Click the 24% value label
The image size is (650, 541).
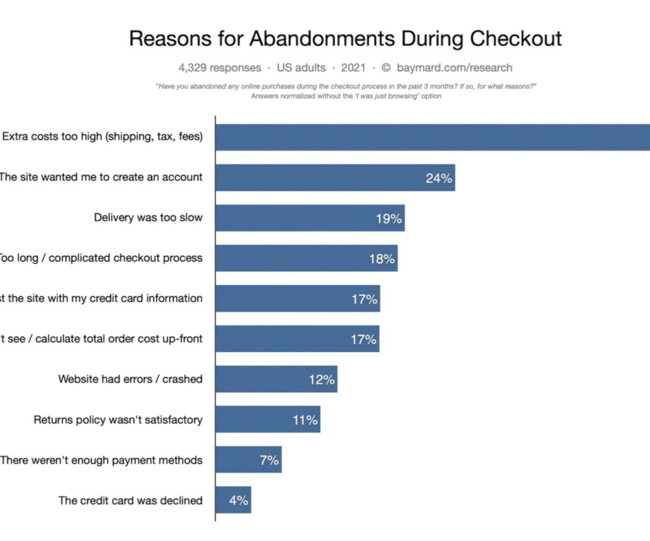click(439, 178)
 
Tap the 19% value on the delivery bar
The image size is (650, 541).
click(389, 219)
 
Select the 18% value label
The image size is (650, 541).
click(382, 259)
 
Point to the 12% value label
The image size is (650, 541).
click(322, 380)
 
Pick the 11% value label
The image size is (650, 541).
click(305, 420)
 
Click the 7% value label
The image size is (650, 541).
click(269, 460)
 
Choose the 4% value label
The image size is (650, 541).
click(238, 500)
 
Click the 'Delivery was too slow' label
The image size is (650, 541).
click(148, 217)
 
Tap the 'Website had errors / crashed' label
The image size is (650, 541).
click(130, 379)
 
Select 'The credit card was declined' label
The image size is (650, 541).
click(130, 500)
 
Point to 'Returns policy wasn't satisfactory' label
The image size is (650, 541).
click(118, 419)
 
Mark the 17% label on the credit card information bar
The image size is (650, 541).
click(364, 299)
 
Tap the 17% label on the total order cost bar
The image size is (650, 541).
click(364, 339)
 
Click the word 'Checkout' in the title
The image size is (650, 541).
click(516, 39)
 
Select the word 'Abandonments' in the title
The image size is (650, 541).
click(322, 39)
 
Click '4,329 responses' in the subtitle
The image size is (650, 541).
click(220, 68)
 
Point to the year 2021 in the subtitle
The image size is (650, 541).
click(353, 68)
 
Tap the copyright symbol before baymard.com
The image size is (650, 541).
click(386, 68)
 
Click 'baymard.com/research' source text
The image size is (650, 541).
click(454, 68)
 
